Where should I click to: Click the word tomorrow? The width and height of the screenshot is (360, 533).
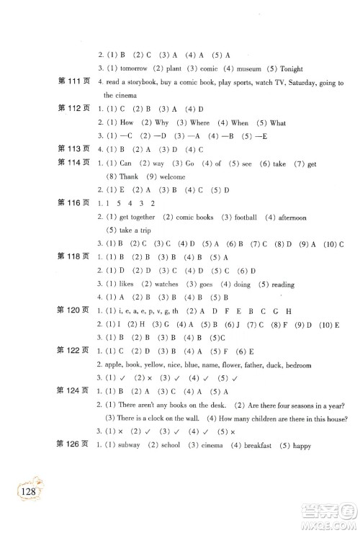[x=132, y=68]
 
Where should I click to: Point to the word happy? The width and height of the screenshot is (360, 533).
[x=300, y=446]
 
